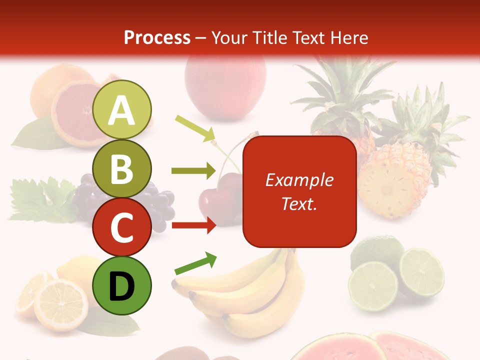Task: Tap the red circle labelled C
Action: tap(122, 227)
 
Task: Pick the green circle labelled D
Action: tap(122, 285)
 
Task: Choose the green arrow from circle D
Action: tap(195, 264)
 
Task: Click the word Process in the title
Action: tap(157, 37)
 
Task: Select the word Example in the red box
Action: tap(299, 180)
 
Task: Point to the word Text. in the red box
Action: tap(299, 203)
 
